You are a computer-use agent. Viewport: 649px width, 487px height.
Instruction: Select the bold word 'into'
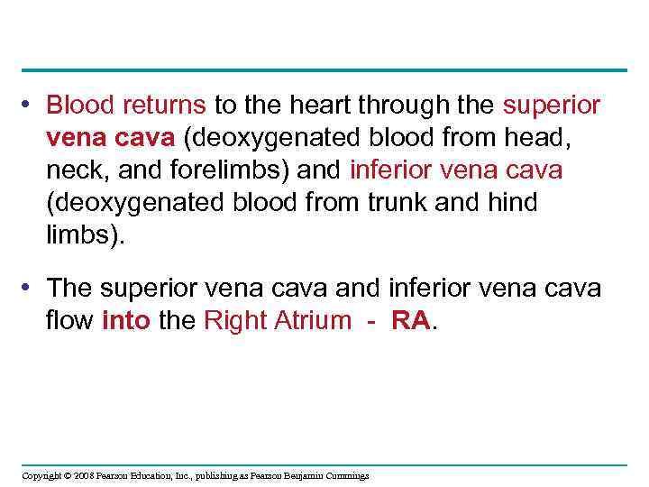pos(127,320)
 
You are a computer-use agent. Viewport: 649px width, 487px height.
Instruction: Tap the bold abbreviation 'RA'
pos(410,320)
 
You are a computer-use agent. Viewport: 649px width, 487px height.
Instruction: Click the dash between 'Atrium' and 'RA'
pos(370,321)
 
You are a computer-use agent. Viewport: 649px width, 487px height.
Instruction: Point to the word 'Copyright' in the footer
pos(41,475)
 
